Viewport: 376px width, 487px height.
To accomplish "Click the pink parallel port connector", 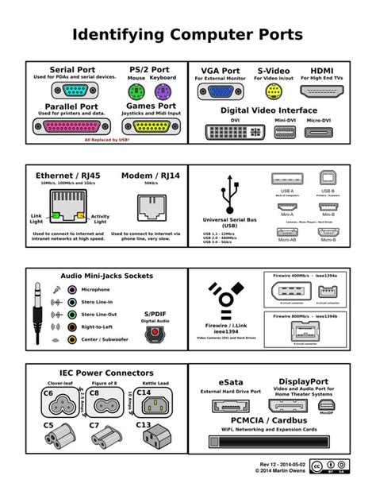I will tap(76, 126).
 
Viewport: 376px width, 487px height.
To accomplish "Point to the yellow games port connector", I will tap(155, 126).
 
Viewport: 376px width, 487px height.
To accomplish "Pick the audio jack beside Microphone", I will tap(71, 290).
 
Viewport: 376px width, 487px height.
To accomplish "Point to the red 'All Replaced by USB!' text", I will tap(107, 139).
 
